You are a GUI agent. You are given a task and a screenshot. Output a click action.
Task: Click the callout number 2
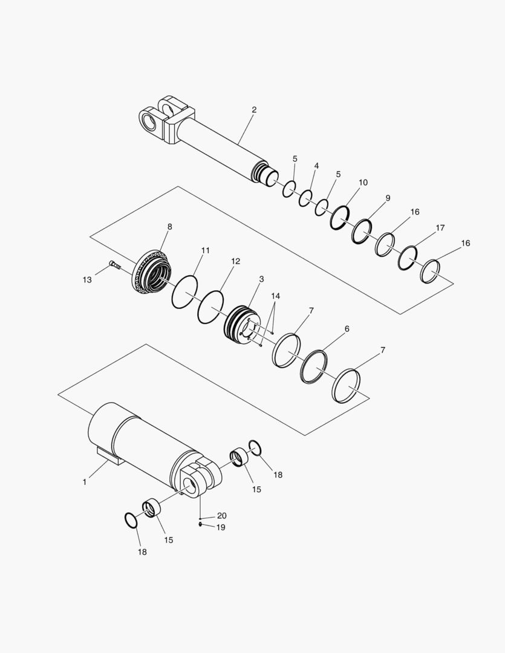pyautogui.click(x=254, y=110)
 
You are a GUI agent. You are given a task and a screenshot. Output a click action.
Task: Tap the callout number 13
pyautogui.click(x=88, y=280)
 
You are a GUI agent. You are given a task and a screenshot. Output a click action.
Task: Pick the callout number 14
pyautogui.click(x=276, y=296)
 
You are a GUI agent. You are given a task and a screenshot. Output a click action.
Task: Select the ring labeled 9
pyautogui.click(x=362, y=230)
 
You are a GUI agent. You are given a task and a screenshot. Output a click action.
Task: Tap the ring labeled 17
pyautogui.click(x=408, y=258)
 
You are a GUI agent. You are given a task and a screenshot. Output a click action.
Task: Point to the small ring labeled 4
pyautogui.click(x=306, y=198)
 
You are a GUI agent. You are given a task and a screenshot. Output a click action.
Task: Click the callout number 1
pyautogui.click(x=85, y=482)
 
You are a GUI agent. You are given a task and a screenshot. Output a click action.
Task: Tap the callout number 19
pyautogui.click(x=221, y=527)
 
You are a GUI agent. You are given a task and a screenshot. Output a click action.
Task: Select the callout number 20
pyautogui.click(x=222, y=516)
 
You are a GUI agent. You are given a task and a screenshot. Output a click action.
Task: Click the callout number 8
pyautogui.click(x=169, y=227)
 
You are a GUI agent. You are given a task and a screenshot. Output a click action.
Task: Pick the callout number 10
pyautogui.click(x=363, y=182)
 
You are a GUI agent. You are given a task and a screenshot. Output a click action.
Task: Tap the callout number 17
pyautogui.click(x=440, y=228)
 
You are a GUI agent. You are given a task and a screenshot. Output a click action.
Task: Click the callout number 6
pyautogui.click(x=347, y=329)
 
